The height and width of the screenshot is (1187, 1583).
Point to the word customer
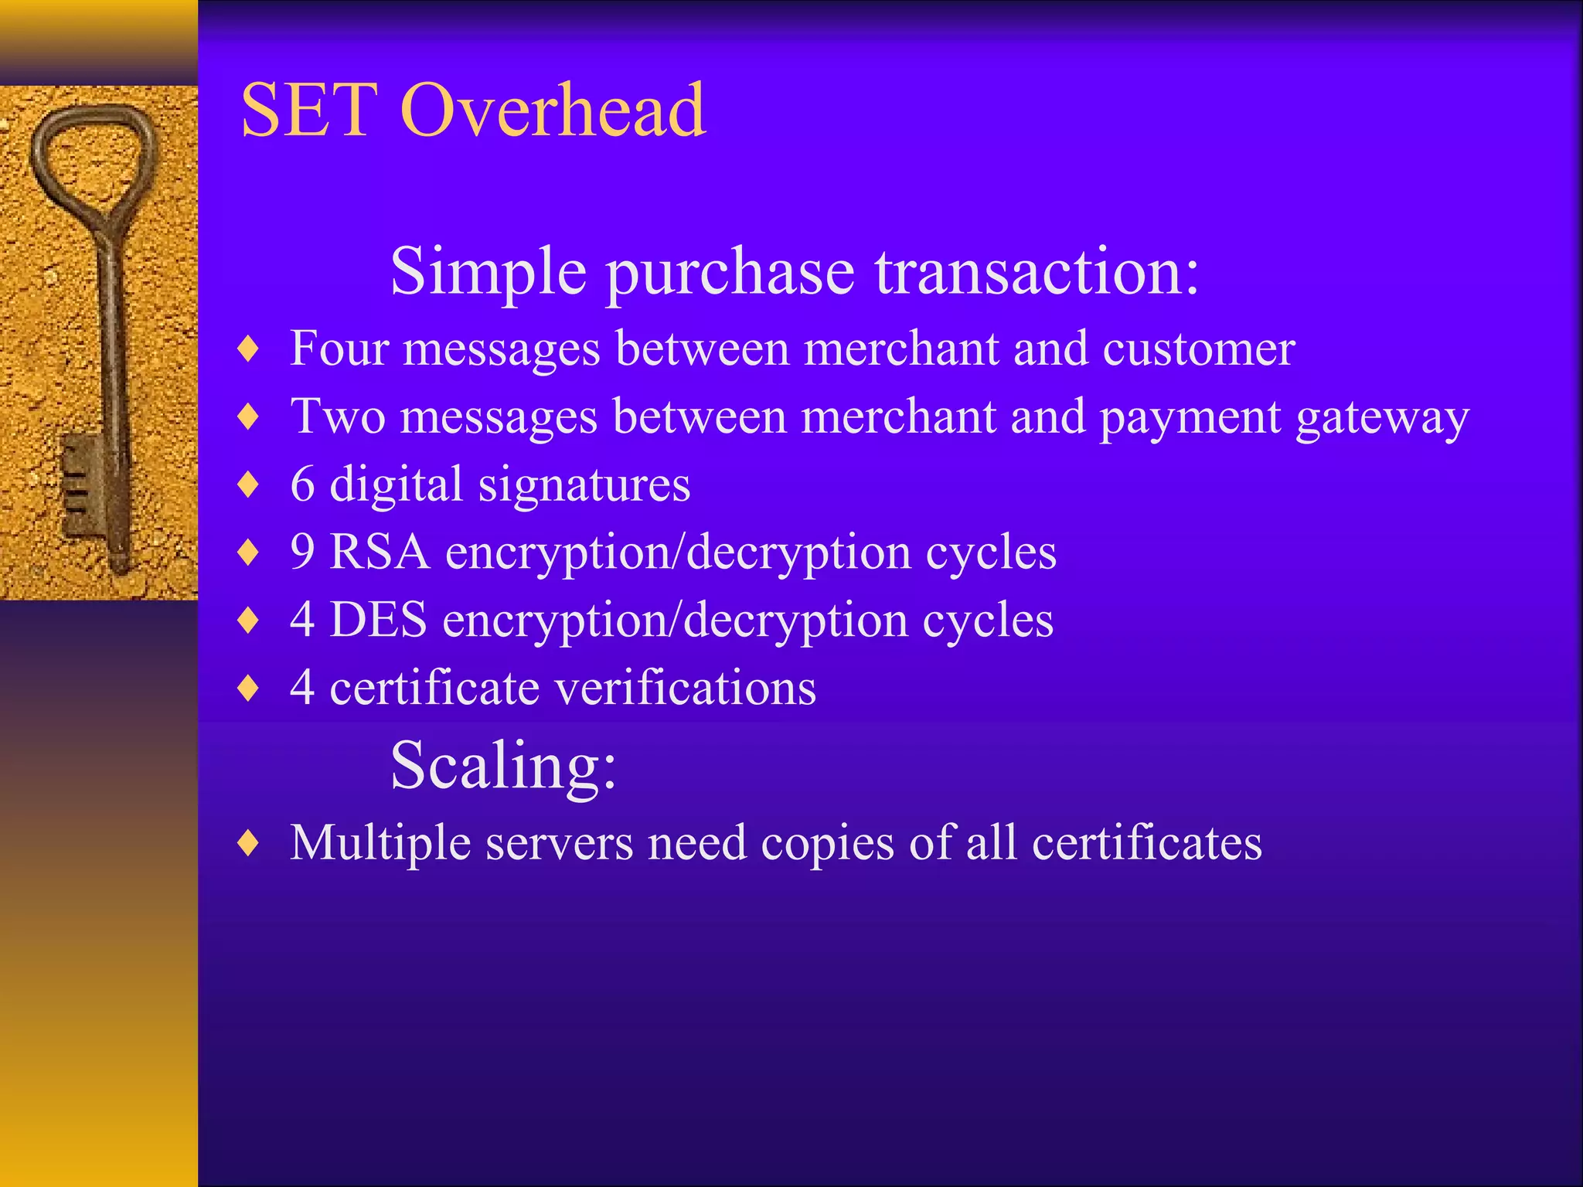pos(1198,350)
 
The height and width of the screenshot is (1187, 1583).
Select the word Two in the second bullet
pos(337,417)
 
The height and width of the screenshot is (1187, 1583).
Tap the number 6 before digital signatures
pos(303,485)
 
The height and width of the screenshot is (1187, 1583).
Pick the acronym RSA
pos(380,553)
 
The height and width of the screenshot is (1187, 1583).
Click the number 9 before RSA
pos(303,553)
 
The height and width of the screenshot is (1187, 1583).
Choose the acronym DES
pos(378,620)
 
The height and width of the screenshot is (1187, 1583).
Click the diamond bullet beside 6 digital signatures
pos(248,485)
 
